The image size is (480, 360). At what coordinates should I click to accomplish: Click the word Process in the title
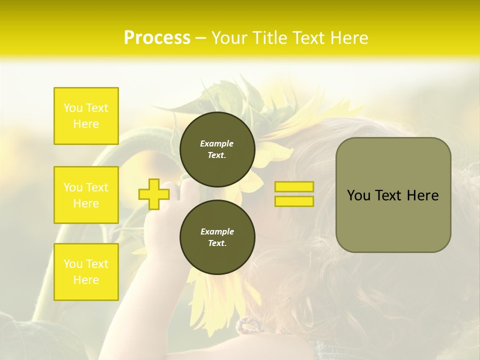click(157, 38)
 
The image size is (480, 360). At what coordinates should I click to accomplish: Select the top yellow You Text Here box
click(86, 116)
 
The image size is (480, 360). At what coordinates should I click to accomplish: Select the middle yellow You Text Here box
click(86, 195)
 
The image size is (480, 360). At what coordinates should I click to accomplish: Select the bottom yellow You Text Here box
click(86, 272)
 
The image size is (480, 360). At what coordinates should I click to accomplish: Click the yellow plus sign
click(153, 194)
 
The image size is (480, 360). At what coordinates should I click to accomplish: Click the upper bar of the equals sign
click(294, 187)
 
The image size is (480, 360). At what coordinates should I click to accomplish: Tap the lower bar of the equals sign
click(294, 201)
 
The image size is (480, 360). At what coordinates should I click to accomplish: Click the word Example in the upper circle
click(217, 143)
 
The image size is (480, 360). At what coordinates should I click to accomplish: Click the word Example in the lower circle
click(217, 231)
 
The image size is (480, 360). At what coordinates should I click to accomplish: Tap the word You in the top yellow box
click(72, 108)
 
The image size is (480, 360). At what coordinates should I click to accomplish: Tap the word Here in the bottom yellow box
click(86, 280)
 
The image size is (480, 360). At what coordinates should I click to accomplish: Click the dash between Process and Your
click(201, 38)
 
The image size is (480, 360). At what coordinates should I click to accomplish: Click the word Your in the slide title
click(228, 38)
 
